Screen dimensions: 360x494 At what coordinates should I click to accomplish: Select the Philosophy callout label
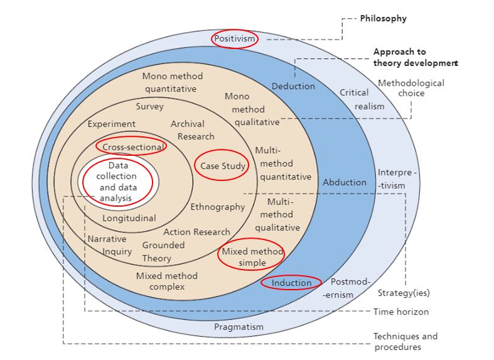coord(383,18)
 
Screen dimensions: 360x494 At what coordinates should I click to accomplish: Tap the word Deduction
coord(293,86)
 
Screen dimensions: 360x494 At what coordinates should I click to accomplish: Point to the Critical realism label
coord(362,99)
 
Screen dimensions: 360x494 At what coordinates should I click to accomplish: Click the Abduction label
coord(345,182)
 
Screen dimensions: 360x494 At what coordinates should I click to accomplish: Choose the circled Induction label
coord(291,283)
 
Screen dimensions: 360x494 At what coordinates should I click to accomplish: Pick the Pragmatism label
coord(239,327)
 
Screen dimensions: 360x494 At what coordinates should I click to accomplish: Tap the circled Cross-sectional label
coord(132,147)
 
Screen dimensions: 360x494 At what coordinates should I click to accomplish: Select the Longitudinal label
coord(129,218)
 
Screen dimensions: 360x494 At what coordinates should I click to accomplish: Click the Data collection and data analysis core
coord(118,182)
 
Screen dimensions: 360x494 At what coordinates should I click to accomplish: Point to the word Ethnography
coord(217,207)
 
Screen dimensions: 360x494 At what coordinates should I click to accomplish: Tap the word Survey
coord(150,106)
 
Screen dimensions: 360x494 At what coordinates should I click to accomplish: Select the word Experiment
coord(111,124)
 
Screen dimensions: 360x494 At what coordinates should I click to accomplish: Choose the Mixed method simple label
coord(249,256)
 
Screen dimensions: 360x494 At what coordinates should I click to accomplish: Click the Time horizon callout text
coord(401,312)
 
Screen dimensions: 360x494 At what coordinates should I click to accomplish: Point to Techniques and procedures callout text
coord(405,342)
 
